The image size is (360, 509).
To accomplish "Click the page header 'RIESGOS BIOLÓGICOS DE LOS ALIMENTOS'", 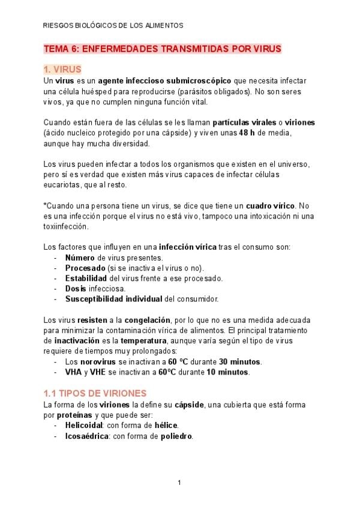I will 113,26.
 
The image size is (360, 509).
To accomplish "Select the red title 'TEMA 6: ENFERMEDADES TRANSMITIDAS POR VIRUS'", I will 163,49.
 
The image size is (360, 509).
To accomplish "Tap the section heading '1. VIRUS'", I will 62,70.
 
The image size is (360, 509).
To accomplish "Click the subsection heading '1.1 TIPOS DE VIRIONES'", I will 95,394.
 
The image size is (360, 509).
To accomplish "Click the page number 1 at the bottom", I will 179,483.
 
